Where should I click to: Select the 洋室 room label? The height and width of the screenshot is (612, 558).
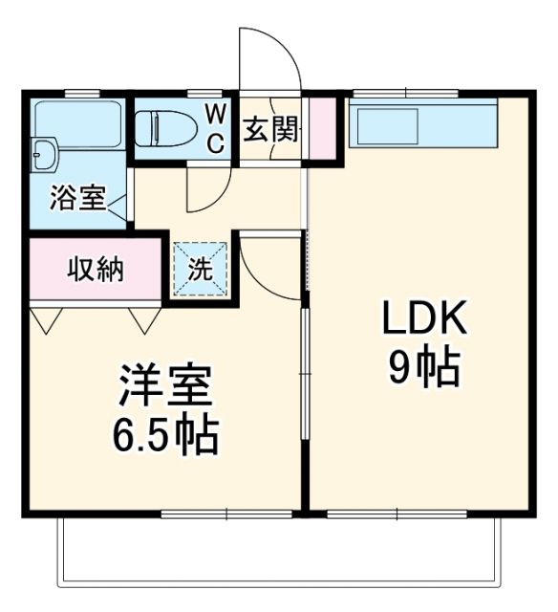pos(165,386)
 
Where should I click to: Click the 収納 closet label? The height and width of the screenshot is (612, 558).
pos(96,271)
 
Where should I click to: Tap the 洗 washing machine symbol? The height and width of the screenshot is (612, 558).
pos(201,269)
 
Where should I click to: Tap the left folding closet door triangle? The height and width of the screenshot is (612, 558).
pos(46,319)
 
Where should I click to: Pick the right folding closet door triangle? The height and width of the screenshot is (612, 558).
pos(145,319)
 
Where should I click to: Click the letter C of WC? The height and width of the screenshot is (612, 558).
pos(217,143)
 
